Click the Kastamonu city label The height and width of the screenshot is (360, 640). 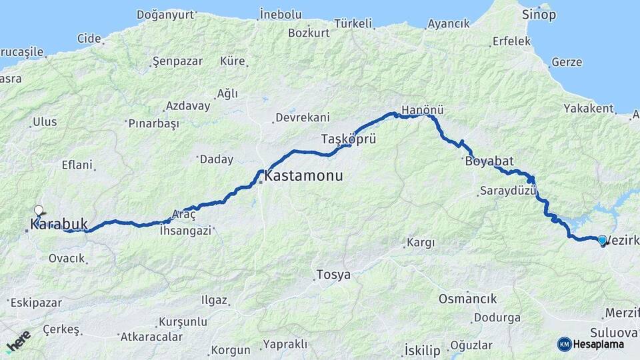click(x=304, y=177)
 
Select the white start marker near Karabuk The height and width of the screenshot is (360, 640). click(x=39, y=210)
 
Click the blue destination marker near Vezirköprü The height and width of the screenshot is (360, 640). click(x=602, y=240)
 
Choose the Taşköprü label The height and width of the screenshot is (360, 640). click(x=349, y=139)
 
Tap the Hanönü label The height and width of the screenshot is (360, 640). click(x=423, y=110)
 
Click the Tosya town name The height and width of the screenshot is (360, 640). click(x=333, y=275)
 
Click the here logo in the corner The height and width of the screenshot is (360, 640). click(x=18, y=341)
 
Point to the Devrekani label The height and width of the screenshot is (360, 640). click(x=303, y=117)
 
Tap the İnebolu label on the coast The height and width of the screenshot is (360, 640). click(x=280, y=14)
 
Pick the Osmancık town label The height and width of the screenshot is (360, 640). click(x=468, y=298)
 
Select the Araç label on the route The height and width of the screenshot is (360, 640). click(x=184, y=215)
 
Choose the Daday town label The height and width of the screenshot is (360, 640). click(x=217, y=159)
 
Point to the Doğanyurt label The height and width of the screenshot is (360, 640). click(x=165, y=14)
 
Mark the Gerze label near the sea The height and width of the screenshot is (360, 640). click(x=567, y=63)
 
